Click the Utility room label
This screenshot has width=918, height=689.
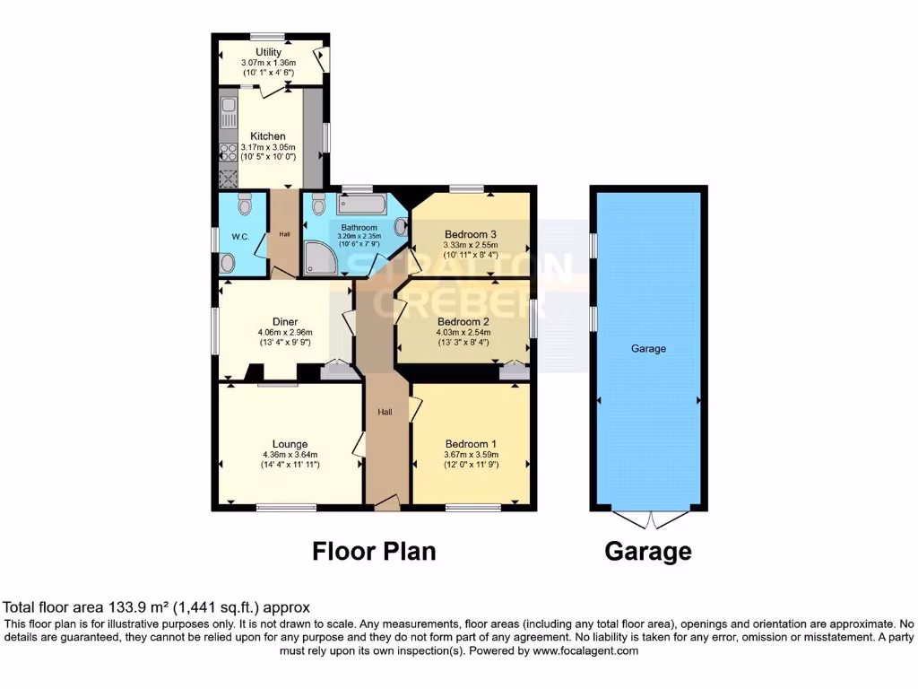tap(269, 52)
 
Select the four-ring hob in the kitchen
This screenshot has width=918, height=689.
tap(228, 153)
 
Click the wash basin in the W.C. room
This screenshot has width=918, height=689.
tap(228, 262)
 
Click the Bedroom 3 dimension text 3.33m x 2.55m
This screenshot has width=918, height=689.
tap(470, 244)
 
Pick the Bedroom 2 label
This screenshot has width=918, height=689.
tap(463, 321)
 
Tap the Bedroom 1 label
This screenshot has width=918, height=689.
tap(471, 444)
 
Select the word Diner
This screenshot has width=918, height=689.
tap(285, 321)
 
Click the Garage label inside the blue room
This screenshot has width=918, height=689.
tap(648, 348)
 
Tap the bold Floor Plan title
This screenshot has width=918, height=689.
tap(374, 551)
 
